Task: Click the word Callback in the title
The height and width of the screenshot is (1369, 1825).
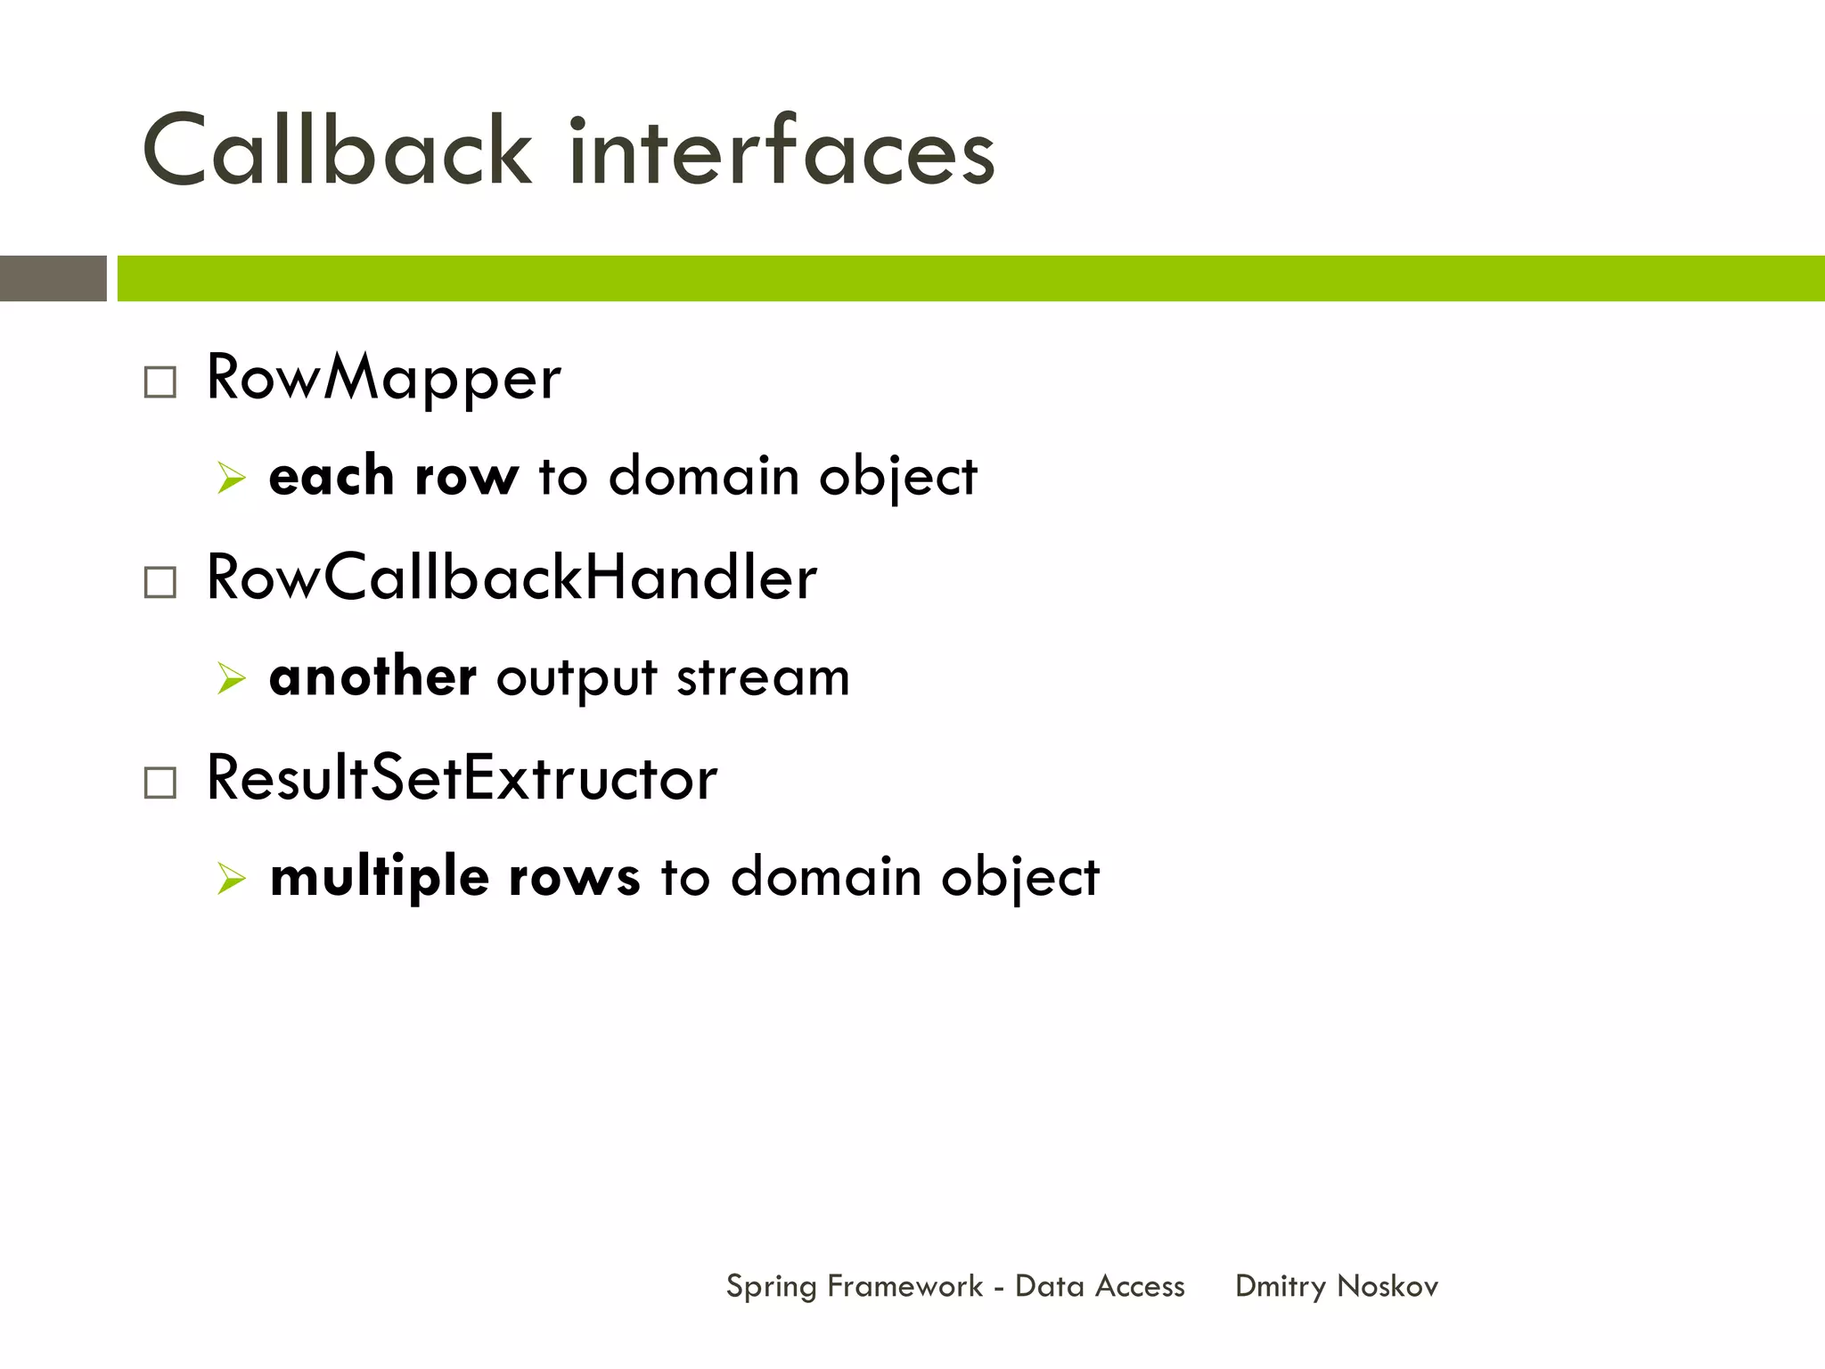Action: [337, 152]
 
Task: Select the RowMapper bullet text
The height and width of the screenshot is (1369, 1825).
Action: [383, 379]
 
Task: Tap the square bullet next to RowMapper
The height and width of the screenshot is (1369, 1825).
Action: [160, 382]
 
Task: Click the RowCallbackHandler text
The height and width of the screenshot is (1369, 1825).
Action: [511, 578]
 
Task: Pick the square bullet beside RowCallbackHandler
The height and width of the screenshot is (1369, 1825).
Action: [160, 583]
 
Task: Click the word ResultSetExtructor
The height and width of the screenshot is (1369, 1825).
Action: [461, 779]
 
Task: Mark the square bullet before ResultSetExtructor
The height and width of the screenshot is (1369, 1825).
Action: [160, 783]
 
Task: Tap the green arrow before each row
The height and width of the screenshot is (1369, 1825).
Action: [231, 479]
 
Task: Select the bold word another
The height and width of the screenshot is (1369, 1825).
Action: [372, 676]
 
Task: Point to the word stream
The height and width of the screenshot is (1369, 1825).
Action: [763, 678]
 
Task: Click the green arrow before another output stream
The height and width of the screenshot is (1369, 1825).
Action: [231, 679]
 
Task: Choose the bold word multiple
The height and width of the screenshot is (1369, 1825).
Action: [380, 878]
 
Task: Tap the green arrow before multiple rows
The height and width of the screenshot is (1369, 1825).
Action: [231, 880]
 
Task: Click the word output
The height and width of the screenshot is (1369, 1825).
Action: [577, 679]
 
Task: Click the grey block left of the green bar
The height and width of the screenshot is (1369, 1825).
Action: [53, 278]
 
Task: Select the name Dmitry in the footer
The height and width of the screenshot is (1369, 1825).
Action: [1280, 1287]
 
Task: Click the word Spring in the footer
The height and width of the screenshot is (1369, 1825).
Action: [771, 1287]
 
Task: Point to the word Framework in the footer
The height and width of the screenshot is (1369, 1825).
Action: [904, 1286]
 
